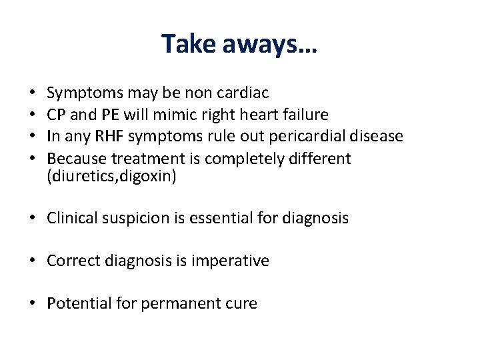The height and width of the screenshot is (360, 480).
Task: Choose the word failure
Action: tap(304, 115)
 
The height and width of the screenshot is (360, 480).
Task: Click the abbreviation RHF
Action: tap(109, 137)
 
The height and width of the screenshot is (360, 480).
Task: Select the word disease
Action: tap(374, 137)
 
